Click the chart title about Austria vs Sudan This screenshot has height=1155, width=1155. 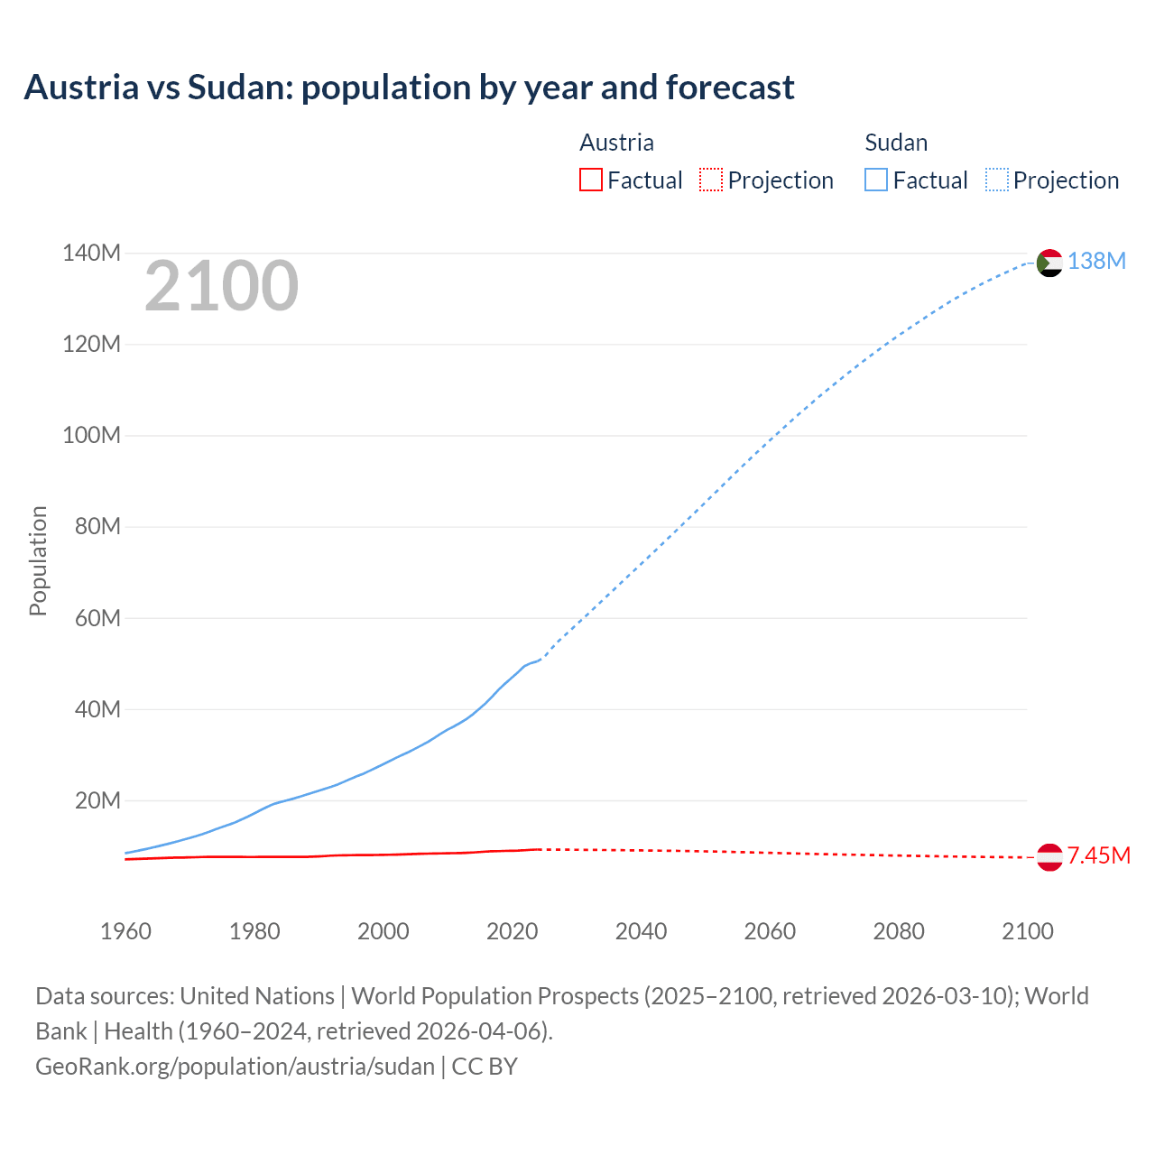click(409, 88)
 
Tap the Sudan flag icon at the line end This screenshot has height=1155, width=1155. click(1049, 263)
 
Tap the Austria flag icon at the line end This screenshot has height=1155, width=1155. click(1049, 857)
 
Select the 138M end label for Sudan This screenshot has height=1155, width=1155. click(1096, 262)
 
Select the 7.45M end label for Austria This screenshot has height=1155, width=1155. click(1098, 856)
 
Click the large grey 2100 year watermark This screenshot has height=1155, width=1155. click(221, 286)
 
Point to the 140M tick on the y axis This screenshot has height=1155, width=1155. click(91, 254)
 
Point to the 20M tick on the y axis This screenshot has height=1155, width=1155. click(97, 801)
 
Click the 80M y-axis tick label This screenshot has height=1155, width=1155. click(97, 527)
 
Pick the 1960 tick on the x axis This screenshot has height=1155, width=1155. click(125, 931)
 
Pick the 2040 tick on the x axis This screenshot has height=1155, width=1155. click(641, 931)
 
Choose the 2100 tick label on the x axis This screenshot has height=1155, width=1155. click(1027, 931)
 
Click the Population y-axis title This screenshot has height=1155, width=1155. click(38, 560)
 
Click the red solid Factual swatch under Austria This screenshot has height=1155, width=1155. click(590, 180)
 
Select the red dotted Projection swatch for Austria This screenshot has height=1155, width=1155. click(710, 180)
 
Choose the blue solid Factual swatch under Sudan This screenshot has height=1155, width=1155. click(875, 180)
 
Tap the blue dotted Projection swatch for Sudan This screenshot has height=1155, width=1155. click(996, 180)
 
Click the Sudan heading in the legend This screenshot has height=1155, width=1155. click(895, 143)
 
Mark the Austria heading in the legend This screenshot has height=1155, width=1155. click(616, 143)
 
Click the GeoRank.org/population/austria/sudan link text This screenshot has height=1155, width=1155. click(235, 1067)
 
